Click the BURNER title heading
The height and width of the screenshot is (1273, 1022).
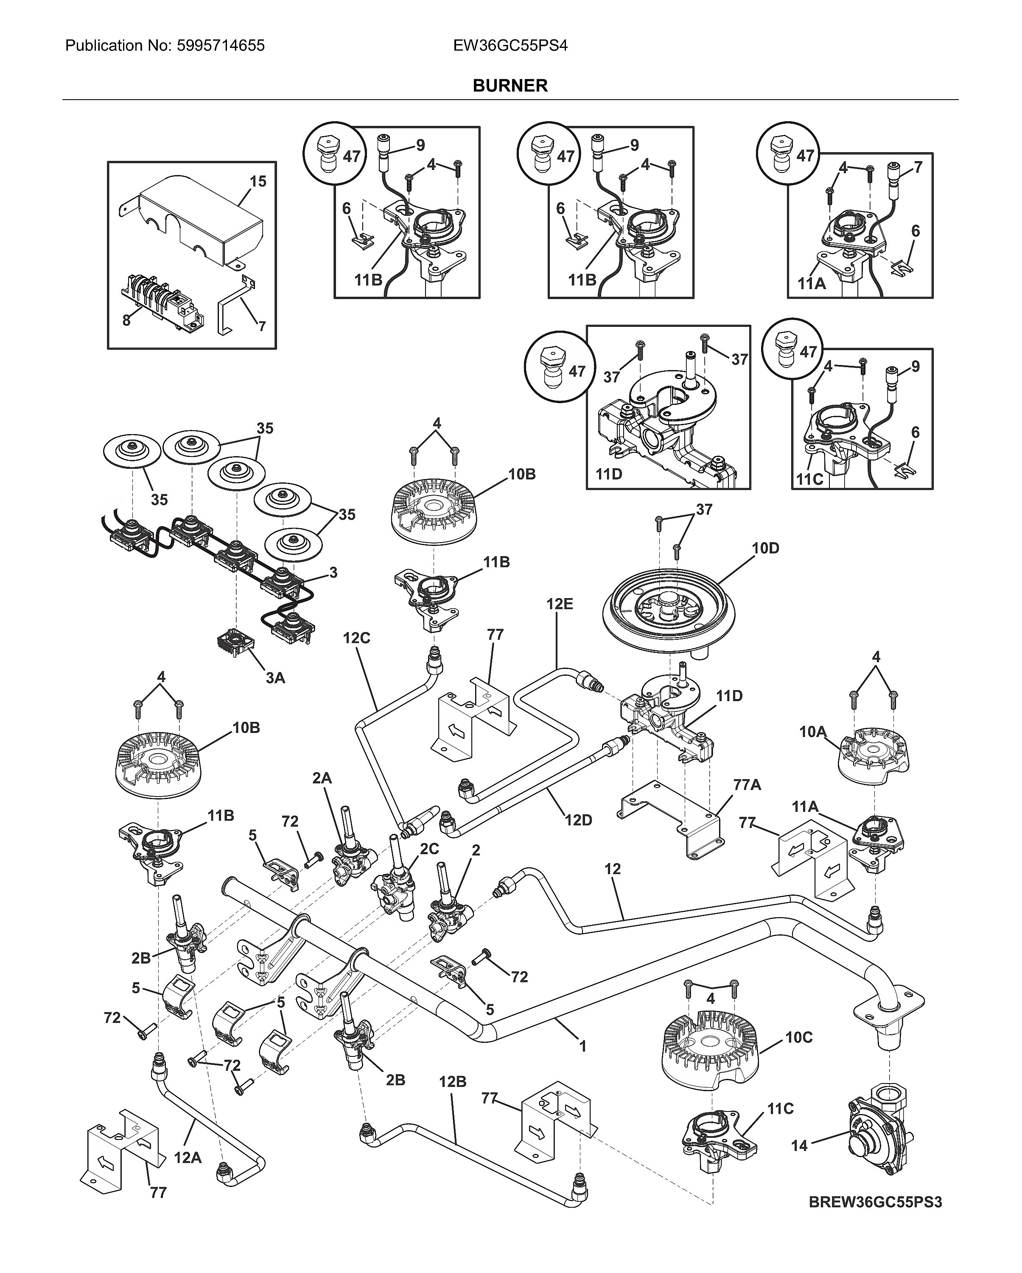click(x=510, y=86)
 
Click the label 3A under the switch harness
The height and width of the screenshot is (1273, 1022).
click(x=275, y=678)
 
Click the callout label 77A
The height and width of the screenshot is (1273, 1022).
click(x=747, y=785)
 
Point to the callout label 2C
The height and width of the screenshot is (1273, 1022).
click(x=429, y=849)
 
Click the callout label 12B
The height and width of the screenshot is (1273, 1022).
click(x=453, y=1082)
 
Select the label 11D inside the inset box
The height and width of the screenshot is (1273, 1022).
click(x=608, y=474)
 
